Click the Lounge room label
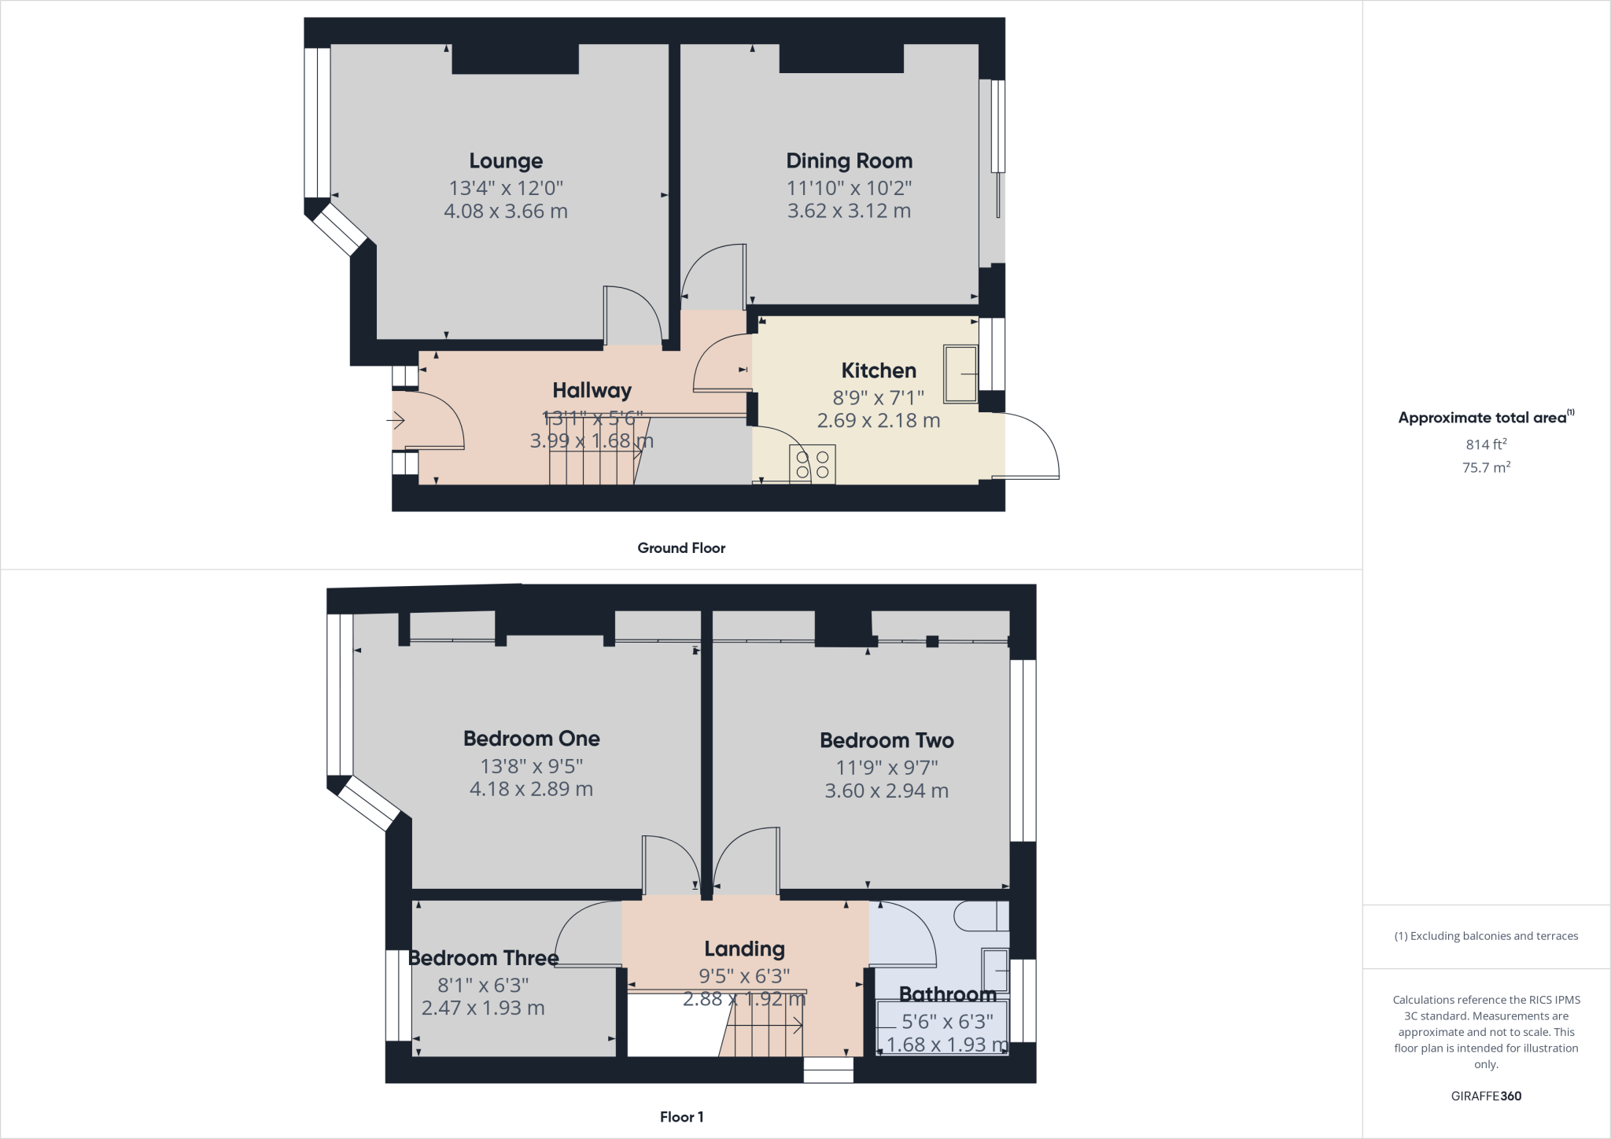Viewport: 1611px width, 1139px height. [x=506, y=160]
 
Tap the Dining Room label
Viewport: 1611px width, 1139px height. [x=849, y=160]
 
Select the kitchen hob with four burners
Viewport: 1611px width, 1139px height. [x=813, y=464]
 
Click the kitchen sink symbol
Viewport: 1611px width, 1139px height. [x=960, y=374]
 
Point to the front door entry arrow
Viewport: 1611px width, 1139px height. [x=395, y=421]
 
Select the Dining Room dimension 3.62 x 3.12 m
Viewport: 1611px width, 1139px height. [x=849, y=211]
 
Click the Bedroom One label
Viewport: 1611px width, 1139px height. [x=531, y=739]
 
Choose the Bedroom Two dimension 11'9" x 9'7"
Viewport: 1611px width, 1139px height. [x=887, y=767]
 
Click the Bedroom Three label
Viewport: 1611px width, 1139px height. [x=483, y=958]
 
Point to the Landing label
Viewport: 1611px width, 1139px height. [x=744, y=949]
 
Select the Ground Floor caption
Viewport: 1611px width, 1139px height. [x=681, y=548]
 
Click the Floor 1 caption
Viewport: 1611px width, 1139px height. [x=681, y=1117]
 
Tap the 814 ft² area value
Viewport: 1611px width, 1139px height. [x=1486, y=444]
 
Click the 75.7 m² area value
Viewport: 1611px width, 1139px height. [x=1486, y=467]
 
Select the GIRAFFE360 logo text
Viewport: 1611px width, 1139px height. [x=1486, y=1096]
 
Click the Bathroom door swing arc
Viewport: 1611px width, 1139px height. [x=912, y=928]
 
